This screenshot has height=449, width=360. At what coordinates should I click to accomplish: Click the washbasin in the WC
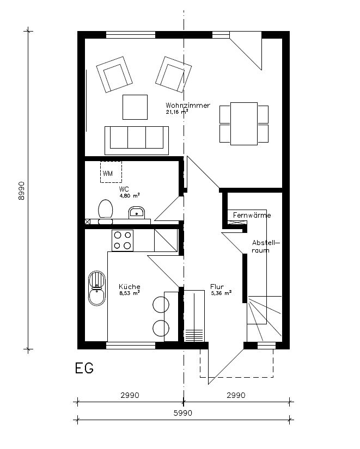coord(136,213)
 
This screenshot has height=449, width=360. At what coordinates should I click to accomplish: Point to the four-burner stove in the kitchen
coord(123,240)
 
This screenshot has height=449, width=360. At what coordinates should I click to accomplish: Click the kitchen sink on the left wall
coord(97,288)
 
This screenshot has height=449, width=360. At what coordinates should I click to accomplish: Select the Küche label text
coord(130,286)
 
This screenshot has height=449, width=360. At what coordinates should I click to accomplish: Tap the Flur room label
coord(217,286)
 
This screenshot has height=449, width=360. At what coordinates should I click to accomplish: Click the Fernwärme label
coord(252,216)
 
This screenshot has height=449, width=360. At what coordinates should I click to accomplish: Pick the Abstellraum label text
coord(265,246)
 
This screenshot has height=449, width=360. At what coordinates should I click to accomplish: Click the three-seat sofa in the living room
coord(137,137)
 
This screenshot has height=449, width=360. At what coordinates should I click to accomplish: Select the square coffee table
coord(135,107)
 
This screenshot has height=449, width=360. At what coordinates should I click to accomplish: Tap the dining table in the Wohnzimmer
coord(244,124)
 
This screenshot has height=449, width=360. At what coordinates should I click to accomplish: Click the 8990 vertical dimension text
coord(22,190)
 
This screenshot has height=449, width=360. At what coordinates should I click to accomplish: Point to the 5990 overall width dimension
coord(184,413)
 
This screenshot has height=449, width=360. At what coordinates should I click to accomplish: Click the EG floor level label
coord(84,368)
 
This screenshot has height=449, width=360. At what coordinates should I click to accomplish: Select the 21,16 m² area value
coord(177,112)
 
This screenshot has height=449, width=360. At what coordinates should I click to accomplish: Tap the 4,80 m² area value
coord(130,194)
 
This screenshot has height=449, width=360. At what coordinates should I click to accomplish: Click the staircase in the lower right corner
coord(264,317)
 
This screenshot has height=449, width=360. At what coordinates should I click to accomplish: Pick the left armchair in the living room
coord(115,77)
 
